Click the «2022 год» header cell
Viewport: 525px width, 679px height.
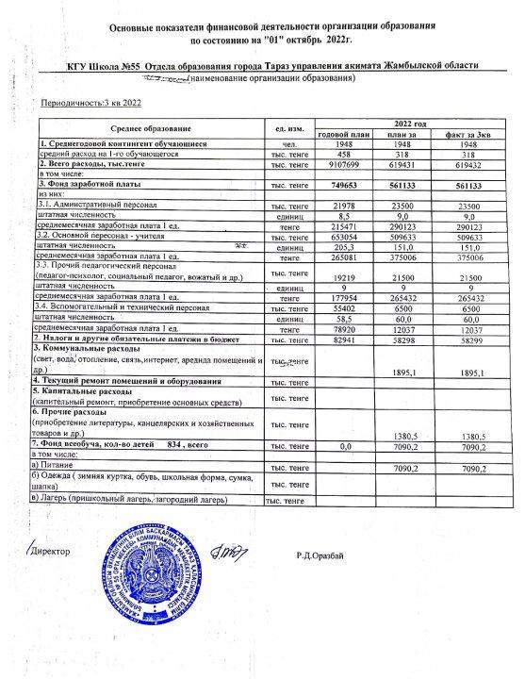[410, 124]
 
